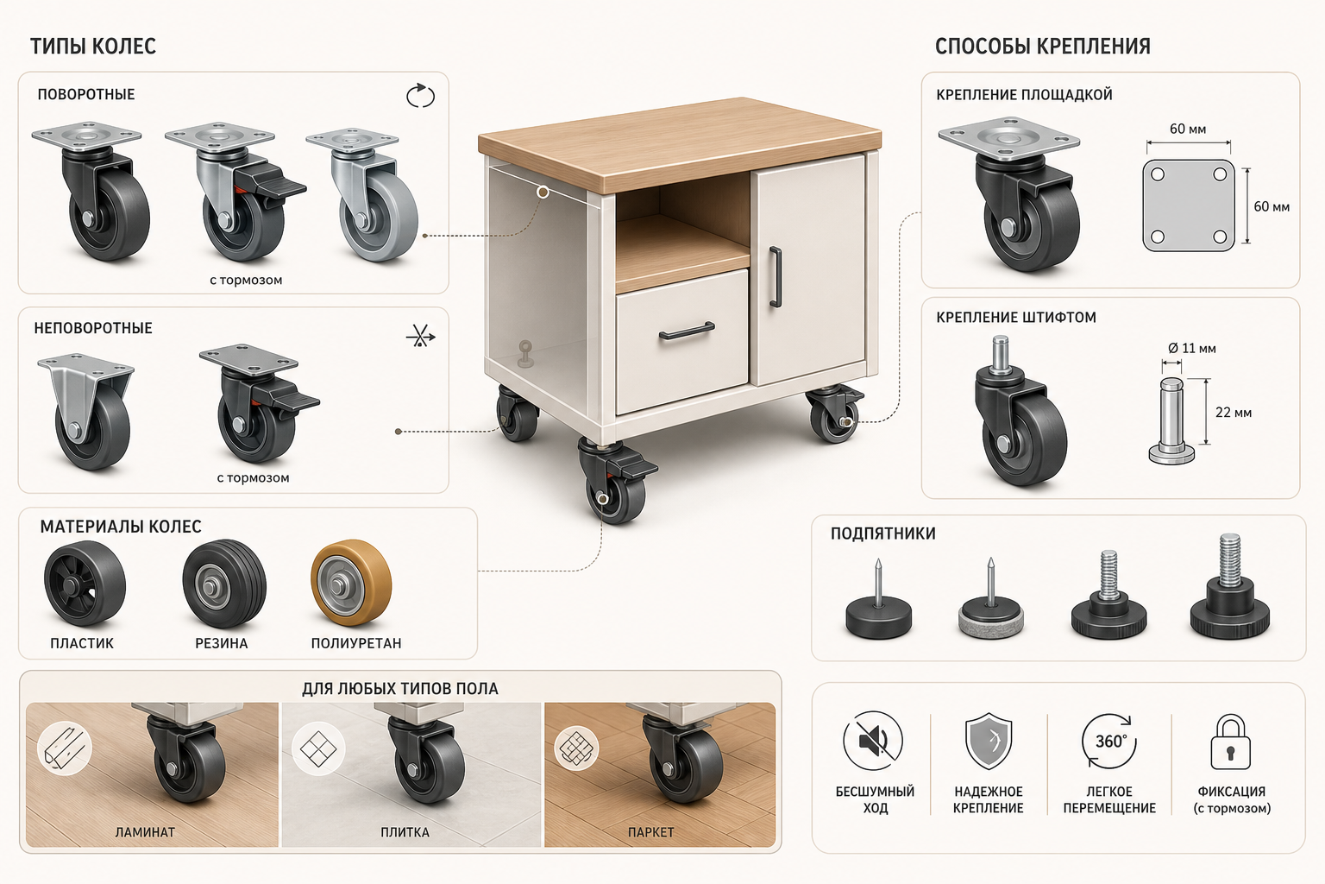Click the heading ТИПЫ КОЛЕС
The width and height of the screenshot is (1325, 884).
[93, 46]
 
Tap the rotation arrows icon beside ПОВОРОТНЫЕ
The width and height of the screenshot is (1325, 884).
[420, 96]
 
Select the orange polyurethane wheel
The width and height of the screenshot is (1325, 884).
[351, 582]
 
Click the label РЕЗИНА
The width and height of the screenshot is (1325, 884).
[221, 643]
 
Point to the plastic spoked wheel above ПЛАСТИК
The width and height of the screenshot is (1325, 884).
[85, 583]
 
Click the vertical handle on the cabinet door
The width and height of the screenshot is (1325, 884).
[775, 277]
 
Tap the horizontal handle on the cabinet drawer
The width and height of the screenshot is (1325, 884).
[687, 331]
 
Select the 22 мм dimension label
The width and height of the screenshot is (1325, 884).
[1234, 412]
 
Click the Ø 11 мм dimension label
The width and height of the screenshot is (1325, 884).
[1192, 348]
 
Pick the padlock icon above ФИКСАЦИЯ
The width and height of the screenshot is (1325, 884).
[1230, 742]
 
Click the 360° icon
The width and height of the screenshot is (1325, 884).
[1109, 742]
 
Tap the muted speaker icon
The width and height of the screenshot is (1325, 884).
[873, 741]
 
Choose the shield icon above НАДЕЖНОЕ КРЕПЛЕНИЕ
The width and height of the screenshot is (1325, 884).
[989, 742]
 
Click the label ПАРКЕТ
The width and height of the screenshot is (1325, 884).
[650, 832]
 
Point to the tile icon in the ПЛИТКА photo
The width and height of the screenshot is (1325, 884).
[318, 748]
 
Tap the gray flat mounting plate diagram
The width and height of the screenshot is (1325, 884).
[1189, 205]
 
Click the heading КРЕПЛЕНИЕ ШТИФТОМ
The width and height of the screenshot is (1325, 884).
[1016, 318]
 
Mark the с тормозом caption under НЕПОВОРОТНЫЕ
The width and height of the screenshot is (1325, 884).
[253, 477]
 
